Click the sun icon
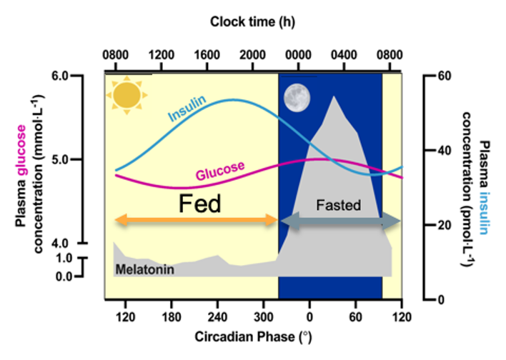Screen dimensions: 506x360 click(126, 95)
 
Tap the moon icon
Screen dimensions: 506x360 click(297, 98)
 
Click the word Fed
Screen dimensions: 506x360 click(199, 204)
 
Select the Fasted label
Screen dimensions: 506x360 click(338, 205)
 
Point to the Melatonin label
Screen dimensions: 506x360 click(145, 269)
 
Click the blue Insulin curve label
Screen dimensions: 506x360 click(187, 109)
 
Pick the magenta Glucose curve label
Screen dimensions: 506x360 click(220, 170)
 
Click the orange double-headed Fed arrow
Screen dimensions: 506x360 click(197, 221)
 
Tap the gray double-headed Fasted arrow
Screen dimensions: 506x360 click(341, 221)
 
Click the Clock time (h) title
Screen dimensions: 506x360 click(253, 22)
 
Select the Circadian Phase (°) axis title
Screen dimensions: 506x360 click(253, 336)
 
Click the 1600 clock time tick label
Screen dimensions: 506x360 click(207, 55)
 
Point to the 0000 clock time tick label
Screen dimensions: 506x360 click(298, 55)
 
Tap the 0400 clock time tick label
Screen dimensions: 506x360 click(344, 55)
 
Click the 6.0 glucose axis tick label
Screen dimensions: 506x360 click(60, 76)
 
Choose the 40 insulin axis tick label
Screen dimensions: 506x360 click(445, 151)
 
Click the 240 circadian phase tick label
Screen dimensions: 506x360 click(217, 317)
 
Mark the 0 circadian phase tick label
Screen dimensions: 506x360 click(309, 317)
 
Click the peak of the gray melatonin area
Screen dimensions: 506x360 click(334, 96)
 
